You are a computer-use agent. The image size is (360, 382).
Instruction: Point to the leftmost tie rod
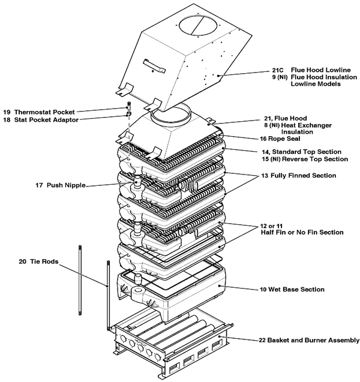80,282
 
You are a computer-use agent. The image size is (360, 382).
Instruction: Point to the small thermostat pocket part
128,106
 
